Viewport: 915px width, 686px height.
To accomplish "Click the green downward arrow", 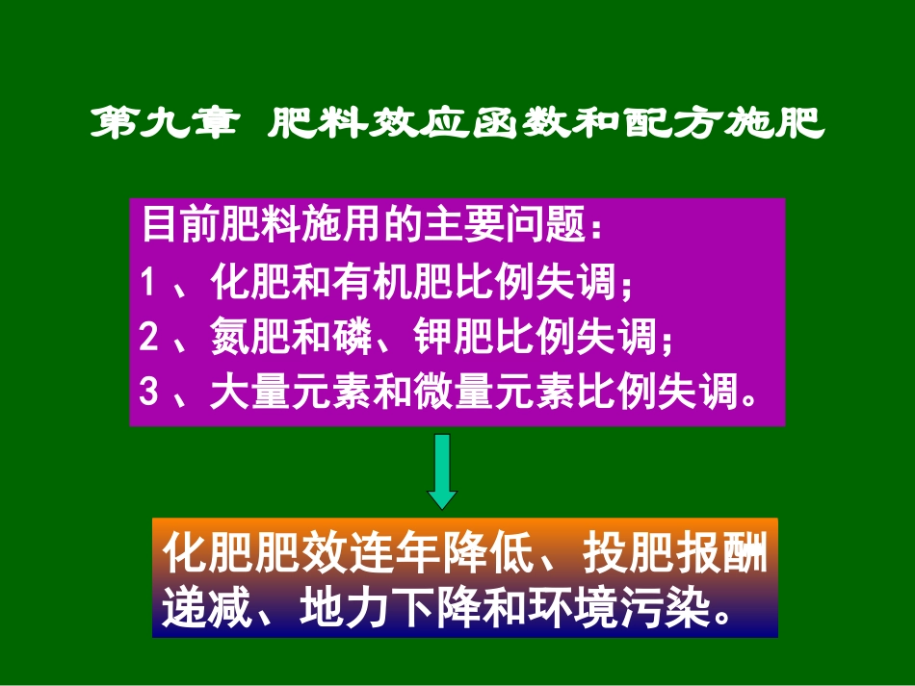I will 442,470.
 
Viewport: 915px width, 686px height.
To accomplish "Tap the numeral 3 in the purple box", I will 147,392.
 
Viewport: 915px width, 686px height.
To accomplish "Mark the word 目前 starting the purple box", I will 176,227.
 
